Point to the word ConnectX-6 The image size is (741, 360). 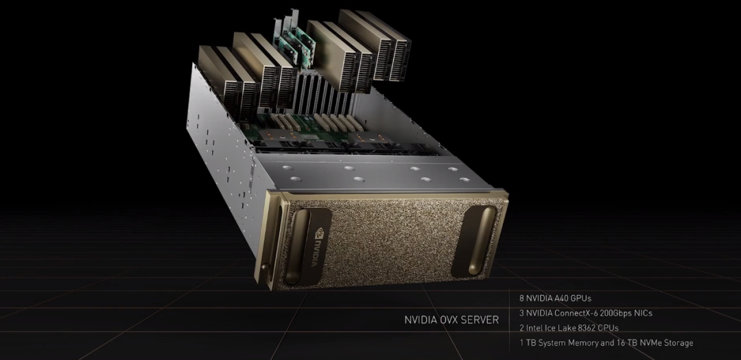[576, 313]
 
